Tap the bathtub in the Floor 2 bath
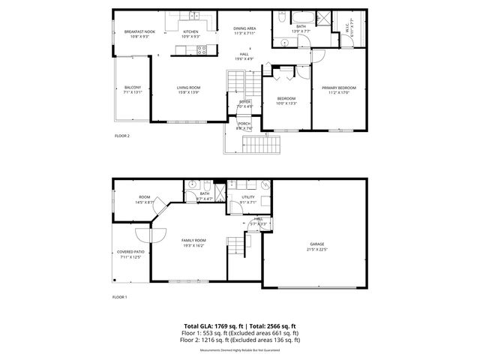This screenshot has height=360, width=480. click(300, 16)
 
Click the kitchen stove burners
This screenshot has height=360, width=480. click(201, 49)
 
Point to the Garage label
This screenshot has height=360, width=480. click(318, 244)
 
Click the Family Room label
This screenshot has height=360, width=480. click(193, 240)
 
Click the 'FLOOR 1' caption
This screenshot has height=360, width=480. click(120, 298)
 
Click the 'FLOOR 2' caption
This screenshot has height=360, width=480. click(121, 136)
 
